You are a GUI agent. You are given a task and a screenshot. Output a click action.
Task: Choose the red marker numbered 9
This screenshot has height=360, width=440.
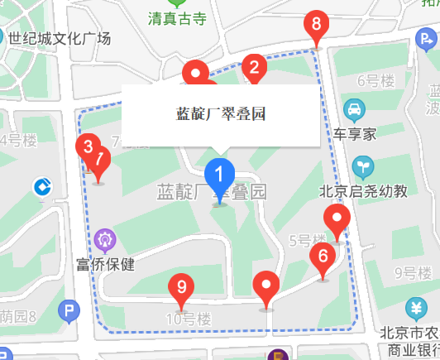(181, 288)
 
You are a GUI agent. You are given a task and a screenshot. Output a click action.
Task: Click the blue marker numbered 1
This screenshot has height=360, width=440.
(220, 175)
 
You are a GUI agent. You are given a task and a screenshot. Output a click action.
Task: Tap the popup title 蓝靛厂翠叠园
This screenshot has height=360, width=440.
(221, 113)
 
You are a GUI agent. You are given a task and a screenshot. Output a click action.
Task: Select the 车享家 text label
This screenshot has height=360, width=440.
(355, 132)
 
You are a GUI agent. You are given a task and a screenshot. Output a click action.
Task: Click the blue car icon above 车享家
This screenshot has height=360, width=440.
(354, 108)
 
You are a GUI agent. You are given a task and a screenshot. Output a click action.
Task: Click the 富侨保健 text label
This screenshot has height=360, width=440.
(105, 265)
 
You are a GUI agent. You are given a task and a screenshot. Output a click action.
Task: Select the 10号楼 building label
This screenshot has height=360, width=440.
(189, 319)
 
